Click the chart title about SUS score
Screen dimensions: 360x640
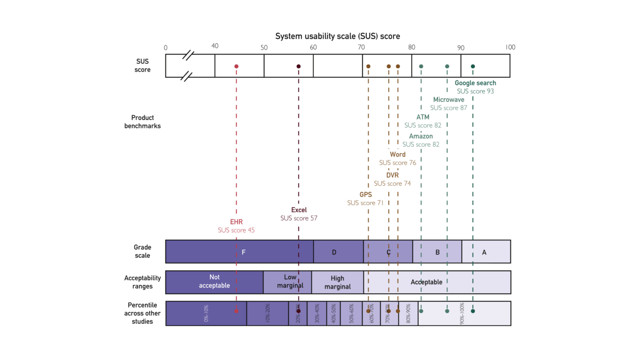pos(337,36)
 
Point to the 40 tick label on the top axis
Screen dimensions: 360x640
pos(215,46)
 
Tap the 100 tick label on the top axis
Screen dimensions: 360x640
pos(510,47)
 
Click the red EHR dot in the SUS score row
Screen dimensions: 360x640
pos(236,66)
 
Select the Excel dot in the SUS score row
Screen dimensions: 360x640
pos(298,66)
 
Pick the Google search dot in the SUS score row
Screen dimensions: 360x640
pos(472,66)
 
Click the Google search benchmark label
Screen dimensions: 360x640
pos(475,83)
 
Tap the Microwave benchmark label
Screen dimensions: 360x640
pos(448,100)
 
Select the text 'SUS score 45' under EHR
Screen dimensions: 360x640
pos(236,230)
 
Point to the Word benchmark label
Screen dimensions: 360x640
pos(397,154)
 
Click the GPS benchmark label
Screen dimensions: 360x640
pos(365,195)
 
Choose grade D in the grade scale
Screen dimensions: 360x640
pos(334,252)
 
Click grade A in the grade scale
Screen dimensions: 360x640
pos(484,252)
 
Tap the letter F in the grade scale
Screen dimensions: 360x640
pos(243,252)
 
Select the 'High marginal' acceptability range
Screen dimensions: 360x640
pos(337,282)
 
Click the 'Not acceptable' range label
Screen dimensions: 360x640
pos(214,281)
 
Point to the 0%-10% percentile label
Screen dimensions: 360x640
pos(206,313)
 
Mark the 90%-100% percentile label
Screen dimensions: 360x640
pos(462,313)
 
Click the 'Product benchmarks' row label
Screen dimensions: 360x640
pos(142,122)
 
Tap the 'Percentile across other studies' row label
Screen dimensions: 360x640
pos(142,313)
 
